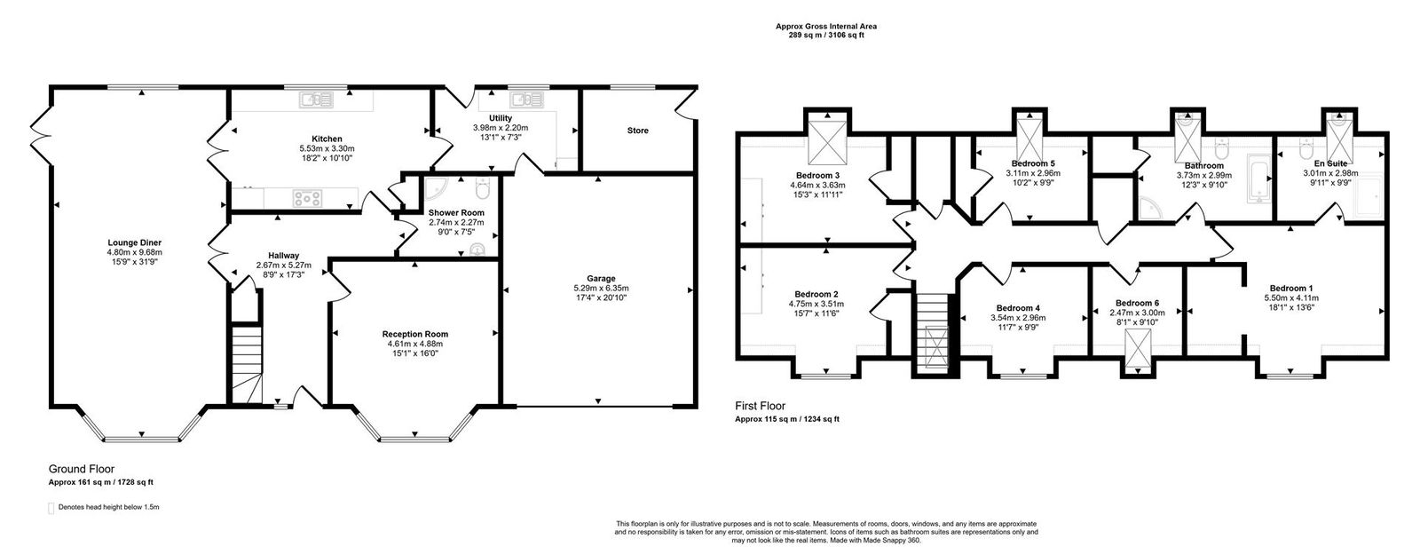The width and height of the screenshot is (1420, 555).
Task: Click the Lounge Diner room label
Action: (x=135, y=242)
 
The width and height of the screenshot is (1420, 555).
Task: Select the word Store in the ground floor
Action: (x=637, y=131)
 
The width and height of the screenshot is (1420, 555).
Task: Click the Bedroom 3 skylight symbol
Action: (x=825, y=139)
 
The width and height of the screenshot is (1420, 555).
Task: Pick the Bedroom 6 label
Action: (x=1137, y=303)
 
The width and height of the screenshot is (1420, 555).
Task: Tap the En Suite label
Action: (x=1330, y=164)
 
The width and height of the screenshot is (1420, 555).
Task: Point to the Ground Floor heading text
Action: (x=81, y=469)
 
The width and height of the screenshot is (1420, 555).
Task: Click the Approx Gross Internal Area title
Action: (x=825, y=27)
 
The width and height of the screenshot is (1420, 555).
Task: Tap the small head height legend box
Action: (x=51, y=508)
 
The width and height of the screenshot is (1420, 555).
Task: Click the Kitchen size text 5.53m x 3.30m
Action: (x=327, y=148)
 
